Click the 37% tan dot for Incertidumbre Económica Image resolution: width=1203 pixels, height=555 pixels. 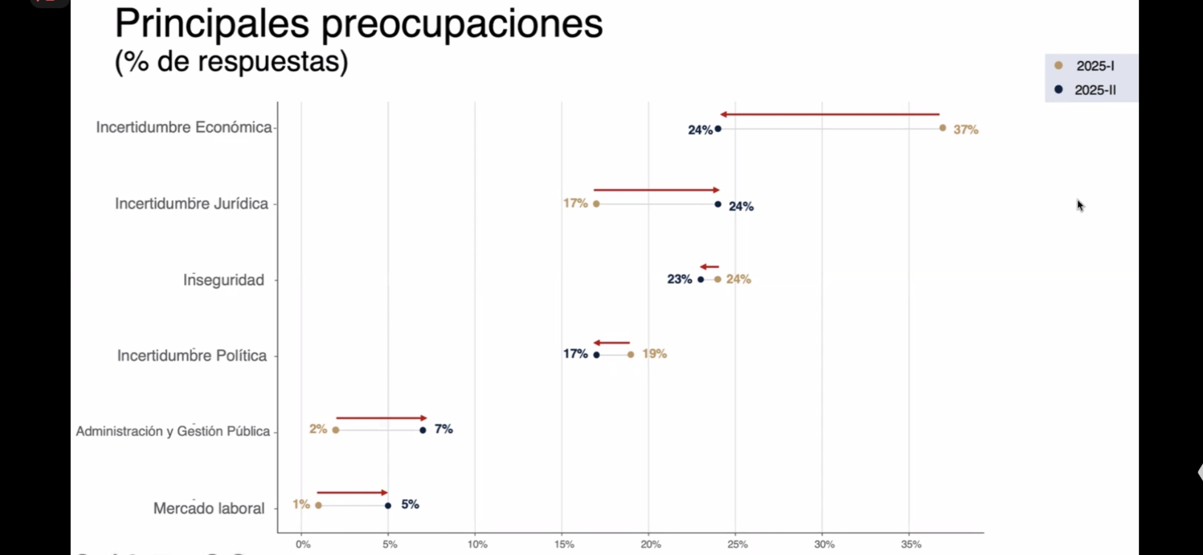(942, 128)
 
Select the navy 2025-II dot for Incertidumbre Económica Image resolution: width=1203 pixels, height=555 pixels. (718, 128)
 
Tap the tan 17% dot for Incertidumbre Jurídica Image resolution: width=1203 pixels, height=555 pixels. (596, 204)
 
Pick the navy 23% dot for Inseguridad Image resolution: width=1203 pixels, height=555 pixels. (701, 280)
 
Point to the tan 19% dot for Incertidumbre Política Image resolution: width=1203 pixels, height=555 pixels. (631, 355)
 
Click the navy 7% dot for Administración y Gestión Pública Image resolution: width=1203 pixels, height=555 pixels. (423, 430)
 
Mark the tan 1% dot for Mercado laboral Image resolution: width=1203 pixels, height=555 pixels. (319, 506)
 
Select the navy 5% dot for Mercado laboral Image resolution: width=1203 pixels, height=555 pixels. (388, 506)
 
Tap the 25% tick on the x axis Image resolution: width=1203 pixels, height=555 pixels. (737, 544)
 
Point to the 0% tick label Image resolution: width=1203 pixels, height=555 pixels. (303, 544)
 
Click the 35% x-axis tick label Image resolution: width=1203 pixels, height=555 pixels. (911, 544)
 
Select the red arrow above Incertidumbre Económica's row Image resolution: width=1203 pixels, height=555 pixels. (830, 114)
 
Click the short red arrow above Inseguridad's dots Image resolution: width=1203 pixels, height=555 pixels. (709, 267)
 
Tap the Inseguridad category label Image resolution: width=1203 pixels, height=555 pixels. (224, 280)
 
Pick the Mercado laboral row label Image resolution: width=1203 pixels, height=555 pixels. (209, 508)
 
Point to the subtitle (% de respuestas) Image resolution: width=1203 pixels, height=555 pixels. (231, 62)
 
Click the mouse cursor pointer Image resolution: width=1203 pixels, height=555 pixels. (1080, 206)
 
